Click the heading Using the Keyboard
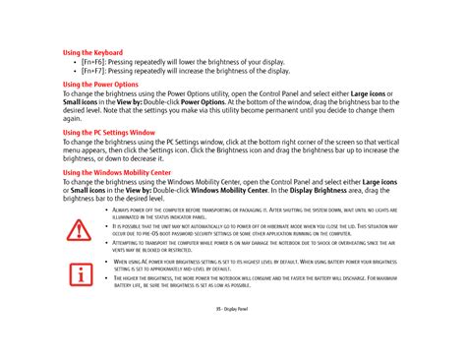(92, 52)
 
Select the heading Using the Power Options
(100, 85)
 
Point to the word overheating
(349, 243)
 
